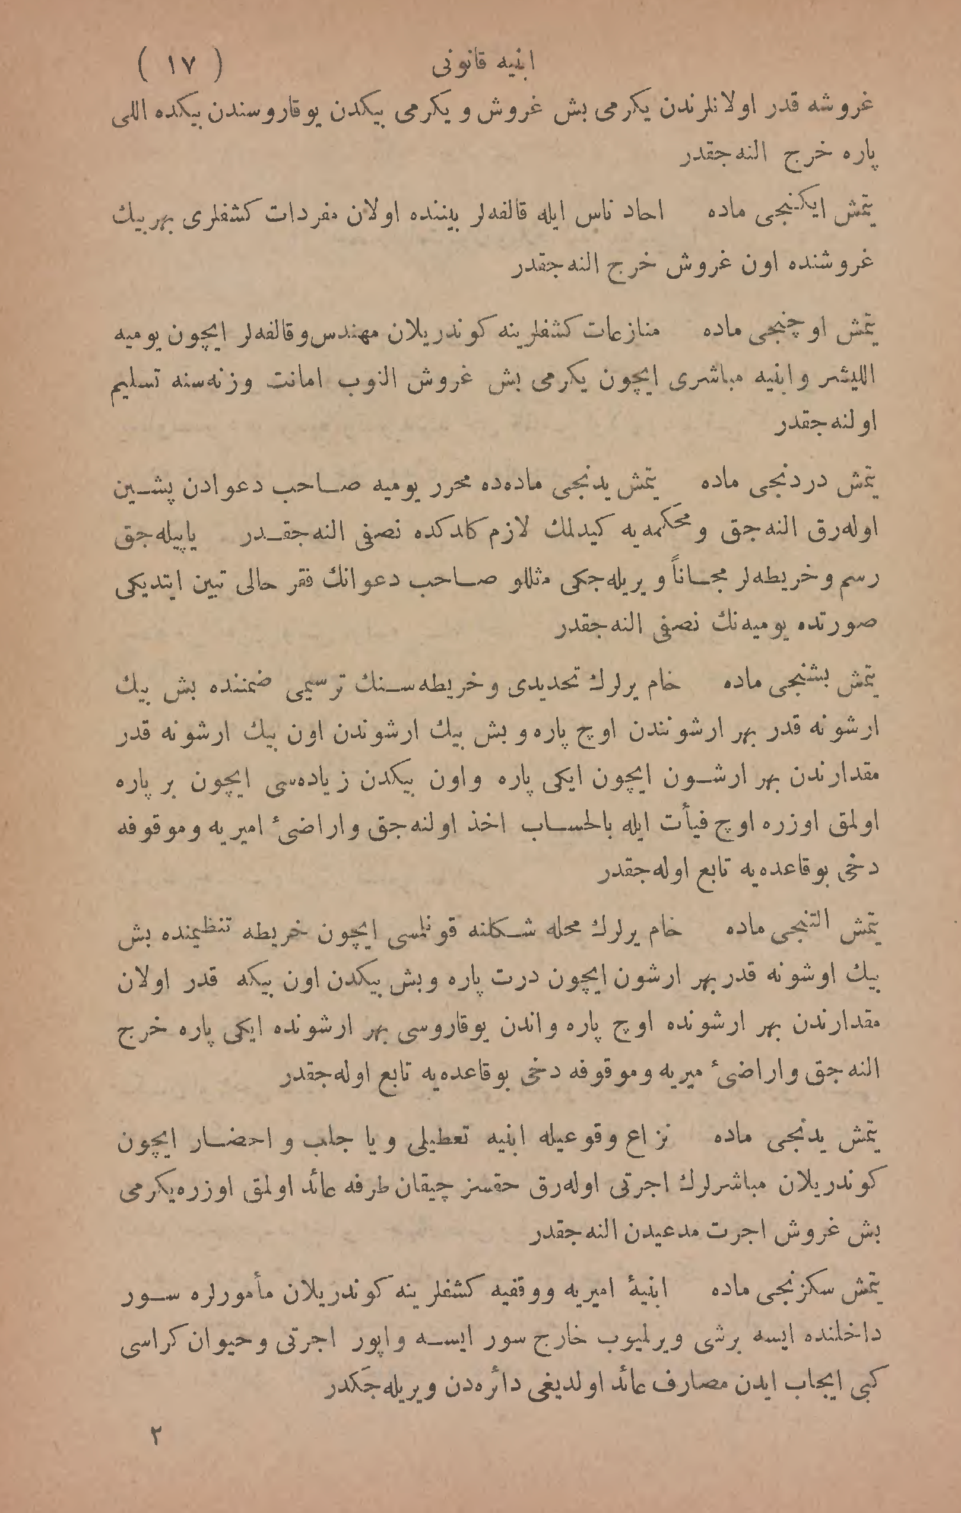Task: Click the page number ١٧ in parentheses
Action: pyautogui.click(x=180, y=65)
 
